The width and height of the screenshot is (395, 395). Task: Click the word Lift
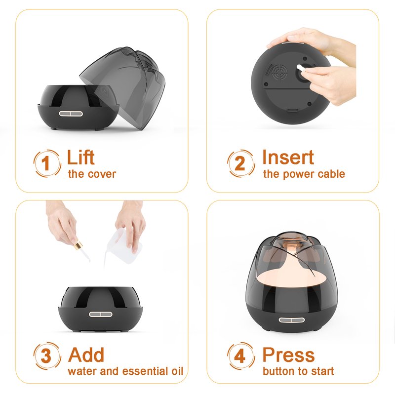point(80,157)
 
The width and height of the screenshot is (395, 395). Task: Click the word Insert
point(288,157)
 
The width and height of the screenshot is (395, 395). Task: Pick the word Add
point(86,355)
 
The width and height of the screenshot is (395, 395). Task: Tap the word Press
point(288,355)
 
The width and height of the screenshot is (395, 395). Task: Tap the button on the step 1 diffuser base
point(71,114)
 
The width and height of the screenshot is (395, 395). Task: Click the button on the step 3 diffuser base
point(101,314)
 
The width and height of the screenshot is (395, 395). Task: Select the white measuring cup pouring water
point(122,246)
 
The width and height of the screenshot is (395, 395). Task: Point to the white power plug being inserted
point(301,68)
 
